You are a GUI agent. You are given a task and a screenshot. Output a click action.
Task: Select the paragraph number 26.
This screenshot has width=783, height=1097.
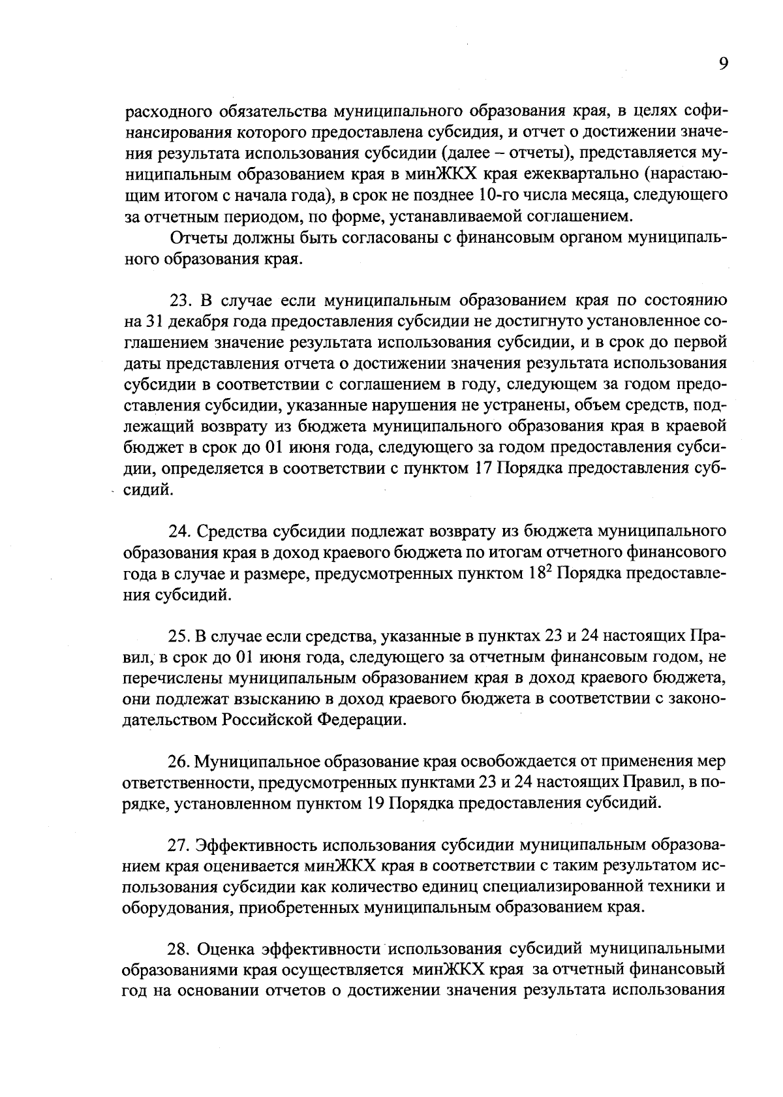pyautogui.click(x=179, y=762)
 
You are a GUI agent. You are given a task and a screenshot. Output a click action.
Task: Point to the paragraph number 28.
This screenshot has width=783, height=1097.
pyautogui.click(x=179, y=948)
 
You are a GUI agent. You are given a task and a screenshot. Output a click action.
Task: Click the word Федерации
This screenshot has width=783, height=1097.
pyautogui.click(x=362, y=720)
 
